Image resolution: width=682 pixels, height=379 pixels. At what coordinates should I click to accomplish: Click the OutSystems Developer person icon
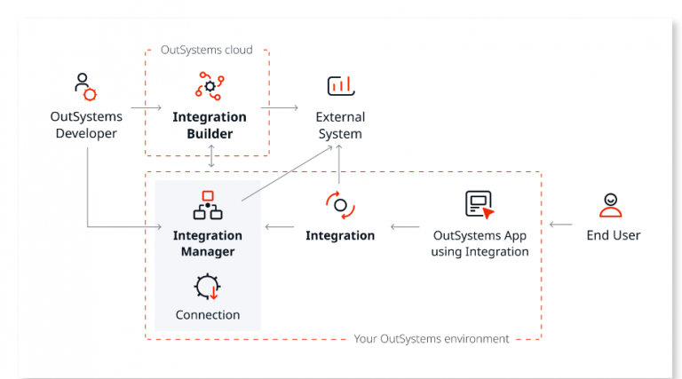(84, 87)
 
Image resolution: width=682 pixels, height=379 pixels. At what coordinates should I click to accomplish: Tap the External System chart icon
(340, 86)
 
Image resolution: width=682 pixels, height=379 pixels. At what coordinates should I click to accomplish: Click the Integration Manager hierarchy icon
(208, 205)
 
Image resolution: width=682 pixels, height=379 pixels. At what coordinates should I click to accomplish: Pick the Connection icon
(208, 287)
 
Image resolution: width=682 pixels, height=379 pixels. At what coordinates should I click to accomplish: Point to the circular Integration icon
(340, 205)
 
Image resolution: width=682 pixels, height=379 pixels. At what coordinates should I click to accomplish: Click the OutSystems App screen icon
(480, 205)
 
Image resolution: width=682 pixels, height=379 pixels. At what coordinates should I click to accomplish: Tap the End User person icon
(611, 205)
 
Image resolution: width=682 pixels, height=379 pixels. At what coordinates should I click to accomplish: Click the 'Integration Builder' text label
(210, 125)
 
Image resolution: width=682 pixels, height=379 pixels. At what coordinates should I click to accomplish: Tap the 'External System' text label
(340, 125)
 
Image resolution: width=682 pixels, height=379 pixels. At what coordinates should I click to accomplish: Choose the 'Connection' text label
(208, 314)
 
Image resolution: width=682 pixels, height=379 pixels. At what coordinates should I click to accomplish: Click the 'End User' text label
(613, 235)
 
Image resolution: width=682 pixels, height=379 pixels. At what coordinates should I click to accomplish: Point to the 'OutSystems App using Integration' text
(480, 243)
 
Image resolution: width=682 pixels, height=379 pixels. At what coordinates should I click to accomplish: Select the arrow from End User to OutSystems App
(560, 225)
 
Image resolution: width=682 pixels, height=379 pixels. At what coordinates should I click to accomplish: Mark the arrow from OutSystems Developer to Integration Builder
(143, 108)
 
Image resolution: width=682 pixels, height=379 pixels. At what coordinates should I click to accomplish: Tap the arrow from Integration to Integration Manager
(281, 227)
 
